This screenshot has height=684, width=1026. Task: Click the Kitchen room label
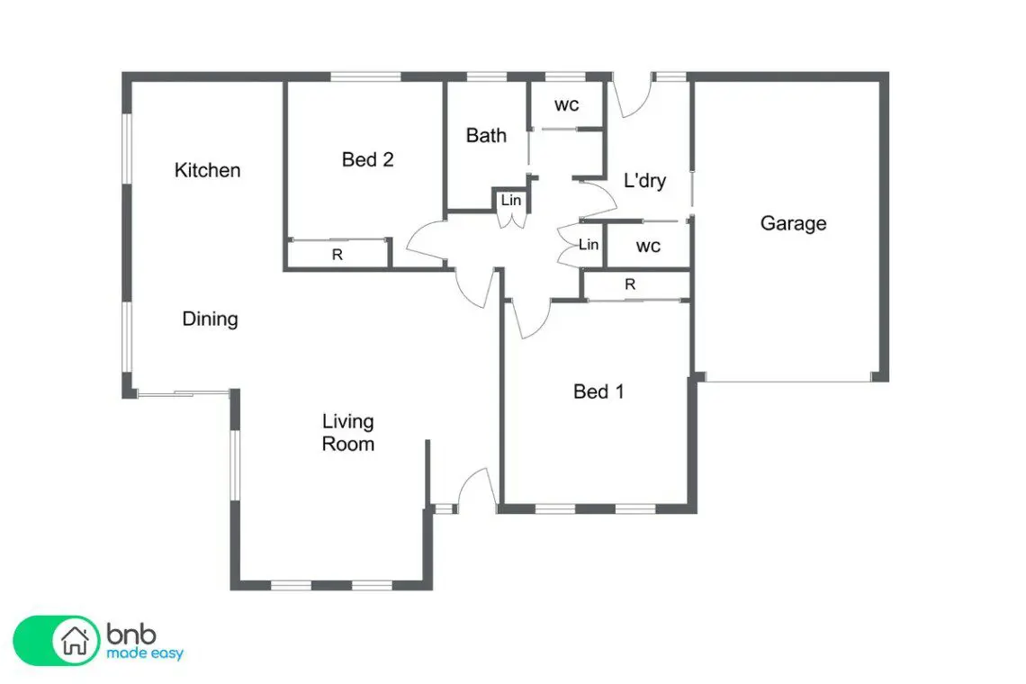coord(207,170)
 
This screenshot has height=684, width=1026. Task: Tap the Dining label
coord(210,319)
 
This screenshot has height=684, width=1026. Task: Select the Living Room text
coord(348,433)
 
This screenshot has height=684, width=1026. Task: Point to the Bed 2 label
coord(368,159)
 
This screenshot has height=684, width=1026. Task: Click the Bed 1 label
coord(598,391)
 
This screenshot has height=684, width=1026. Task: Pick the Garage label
coord(793,224)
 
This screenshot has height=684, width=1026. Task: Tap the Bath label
coord(486,136)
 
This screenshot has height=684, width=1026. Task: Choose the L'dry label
coord(644,181)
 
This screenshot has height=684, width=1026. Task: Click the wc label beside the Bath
coord(567,104)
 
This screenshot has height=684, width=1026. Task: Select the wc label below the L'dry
coord(648,247)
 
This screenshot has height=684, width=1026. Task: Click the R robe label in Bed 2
coord(337,255)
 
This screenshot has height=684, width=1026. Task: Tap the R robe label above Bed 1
coord(630,284)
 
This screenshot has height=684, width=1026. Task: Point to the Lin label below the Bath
coord(511,201)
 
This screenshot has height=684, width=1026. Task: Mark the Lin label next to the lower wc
coord(589,245)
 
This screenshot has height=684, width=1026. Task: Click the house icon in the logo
coord(75,640)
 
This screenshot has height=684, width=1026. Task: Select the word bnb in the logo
coord(131,634)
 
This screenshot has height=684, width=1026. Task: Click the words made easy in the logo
coord(145,653)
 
